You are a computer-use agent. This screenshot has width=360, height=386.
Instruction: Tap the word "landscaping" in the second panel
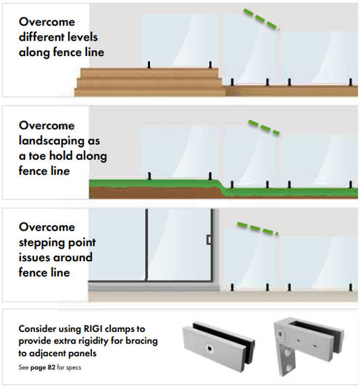tap(51, 141)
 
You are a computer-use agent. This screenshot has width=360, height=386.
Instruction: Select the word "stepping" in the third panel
tap(42, 243)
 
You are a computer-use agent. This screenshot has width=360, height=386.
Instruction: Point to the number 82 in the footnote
tap(51, 368)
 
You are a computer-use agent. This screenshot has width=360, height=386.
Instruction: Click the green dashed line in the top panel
tap(261, 20)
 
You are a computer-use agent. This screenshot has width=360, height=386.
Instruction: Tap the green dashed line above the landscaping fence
tap(264, 128)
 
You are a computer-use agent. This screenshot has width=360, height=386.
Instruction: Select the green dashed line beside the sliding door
tap(257, 229)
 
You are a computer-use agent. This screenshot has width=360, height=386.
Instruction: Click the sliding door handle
tap(209, 240)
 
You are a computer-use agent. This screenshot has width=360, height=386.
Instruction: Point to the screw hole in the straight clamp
tap(210, 348)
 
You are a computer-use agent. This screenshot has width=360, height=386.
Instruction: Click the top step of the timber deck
tap(149, 73)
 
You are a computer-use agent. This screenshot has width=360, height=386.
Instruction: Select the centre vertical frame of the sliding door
tap(147, 244)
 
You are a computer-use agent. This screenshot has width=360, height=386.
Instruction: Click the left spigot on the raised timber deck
tap(149, 65)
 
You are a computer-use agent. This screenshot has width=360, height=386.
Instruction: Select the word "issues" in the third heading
tap(34, 258)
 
